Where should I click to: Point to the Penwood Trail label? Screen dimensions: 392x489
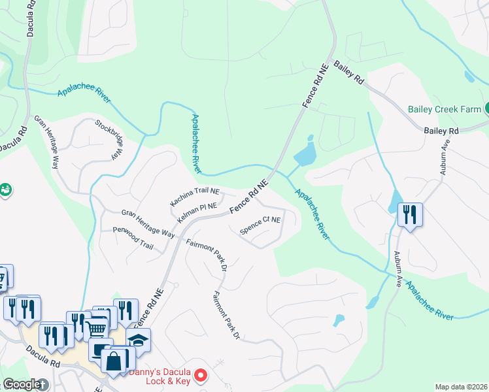(x=133, y=238)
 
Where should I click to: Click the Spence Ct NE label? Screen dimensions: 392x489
(x=261, y=225)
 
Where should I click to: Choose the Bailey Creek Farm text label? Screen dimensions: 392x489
(x=444, y=109)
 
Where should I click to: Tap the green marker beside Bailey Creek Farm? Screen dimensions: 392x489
(x=486, y=108)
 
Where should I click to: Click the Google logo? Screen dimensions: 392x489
(x=22, y=384)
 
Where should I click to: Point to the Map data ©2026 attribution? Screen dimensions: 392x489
(x=460, y=387)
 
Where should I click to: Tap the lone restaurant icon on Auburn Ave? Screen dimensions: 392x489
(x=410, y=215)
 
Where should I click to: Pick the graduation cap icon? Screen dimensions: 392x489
(x=138, y=340)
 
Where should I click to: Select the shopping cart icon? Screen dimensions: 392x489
(x=96, y=329)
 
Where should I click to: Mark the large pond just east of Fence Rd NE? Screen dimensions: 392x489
(x=305, y=156)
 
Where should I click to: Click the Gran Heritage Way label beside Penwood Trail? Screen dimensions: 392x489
(x=148, y=223)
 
